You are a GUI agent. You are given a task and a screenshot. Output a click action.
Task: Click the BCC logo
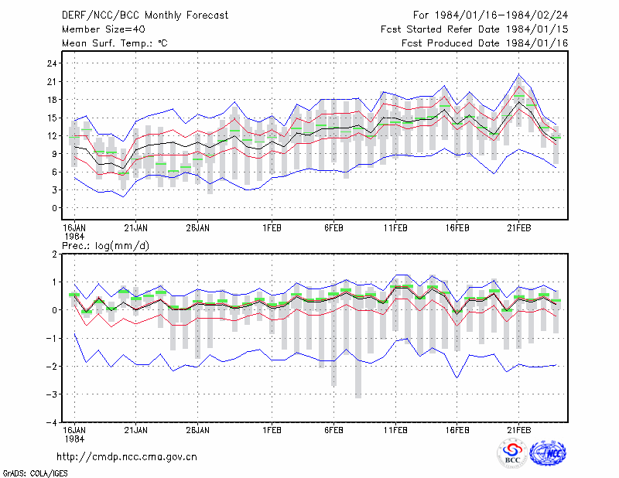point(512,453)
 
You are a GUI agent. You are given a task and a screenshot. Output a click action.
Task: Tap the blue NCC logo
point(548,453)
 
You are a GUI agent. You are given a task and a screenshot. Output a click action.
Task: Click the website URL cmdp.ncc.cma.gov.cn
point(127,457)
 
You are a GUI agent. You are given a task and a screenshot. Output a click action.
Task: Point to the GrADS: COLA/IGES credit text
point(35,473)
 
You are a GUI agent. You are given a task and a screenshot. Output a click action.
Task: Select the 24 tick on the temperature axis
point(52,63)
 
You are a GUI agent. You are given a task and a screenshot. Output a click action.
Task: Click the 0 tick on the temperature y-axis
point(54,208)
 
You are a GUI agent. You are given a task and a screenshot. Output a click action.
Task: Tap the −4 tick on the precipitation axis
point(51,422)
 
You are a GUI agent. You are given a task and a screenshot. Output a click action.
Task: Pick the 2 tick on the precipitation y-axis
point(54,254)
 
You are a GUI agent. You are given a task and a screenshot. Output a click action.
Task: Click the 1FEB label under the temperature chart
point(272,228)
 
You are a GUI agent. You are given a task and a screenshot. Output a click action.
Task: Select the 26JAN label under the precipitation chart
point(198,430)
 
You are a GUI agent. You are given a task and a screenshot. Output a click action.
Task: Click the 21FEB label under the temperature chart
point(518,228)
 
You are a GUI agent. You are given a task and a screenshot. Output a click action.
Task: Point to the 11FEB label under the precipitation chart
point(395,430)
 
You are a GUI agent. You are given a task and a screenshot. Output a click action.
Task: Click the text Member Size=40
point(104,29)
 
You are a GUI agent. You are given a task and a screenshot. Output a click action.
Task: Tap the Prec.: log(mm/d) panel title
point(105,246)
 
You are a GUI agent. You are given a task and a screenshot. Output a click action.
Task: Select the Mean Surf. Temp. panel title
point(115,43)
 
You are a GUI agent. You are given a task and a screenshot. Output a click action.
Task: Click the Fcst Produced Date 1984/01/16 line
point(485,43)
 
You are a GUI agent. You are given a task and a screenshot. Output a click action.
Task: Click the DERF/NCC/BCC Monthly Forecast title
point(145,15)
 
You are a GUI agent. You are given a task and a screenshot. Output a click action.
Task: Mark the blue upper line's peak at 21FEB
point(518,73)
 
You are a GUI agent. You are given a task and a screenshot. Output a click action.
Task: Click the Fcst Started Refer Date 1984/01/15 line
point(474,29)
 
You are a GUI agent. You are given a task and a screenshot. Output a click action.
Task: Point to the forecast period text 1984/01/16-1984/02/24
point(501,15)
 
